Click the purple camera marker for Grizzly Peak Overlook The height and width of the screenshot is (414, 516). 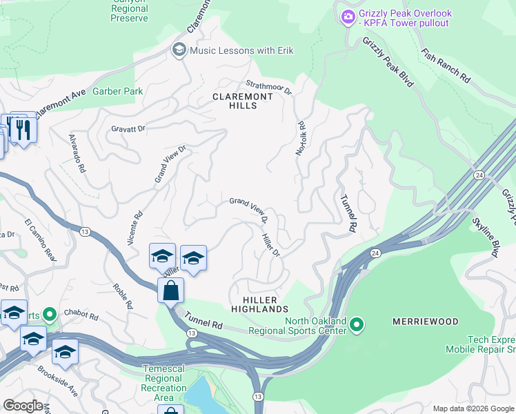click(x=347, y=16)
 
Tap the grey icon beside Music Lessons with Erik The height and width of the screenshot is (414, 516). click(x=179, y=50)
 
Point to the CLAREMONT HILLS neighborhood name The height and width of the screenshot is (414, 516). click(x=243, y=101)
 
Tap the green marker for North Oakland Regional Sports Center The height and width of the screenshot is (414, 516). click(x=356, y=323)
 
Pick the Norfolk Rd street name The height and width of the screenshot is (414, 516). click(x=301, y=138)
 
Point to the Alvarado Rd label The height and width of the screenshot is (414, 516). click(x=77, y=152)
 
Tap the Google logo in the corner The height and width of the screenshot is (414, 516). click(x=23, y=406)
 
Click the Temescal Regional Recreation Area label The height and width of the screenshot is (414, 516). click(x=163, y=383)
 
